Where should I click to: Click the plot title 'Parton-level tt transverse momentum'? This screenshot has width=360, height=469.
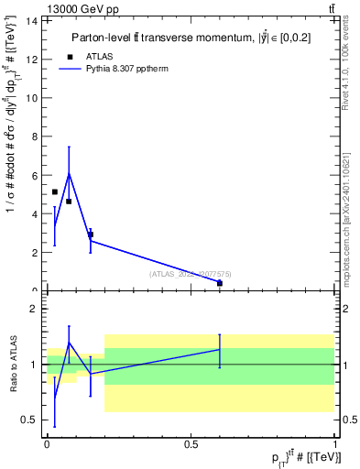(174, 38)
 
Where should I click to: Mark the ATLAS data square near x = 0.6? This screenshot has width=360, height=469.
(220, 283)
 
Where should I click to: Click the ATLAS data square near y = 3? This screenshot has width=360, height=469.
(91, 234)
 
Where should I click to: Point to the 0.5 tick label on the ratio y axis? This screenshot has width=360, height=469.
(30, 420)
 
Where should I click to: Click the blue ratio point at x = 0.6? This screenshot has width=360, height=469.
(220, 349)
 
